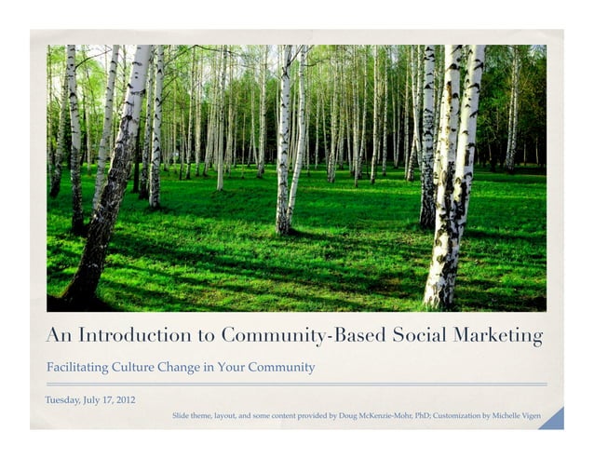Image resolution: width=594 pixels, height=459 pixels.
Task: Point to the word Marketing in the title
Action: [x=498, y=335]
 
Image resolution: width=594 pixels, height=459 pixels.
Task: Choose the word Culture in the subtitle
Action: [x=140, y=367]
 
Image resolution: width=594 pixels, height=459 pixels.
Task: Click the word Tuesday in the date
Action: [x=64, y=400]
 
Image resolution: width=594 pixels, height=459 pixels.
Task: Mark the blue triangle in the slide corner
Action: [x=554, y=420]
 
